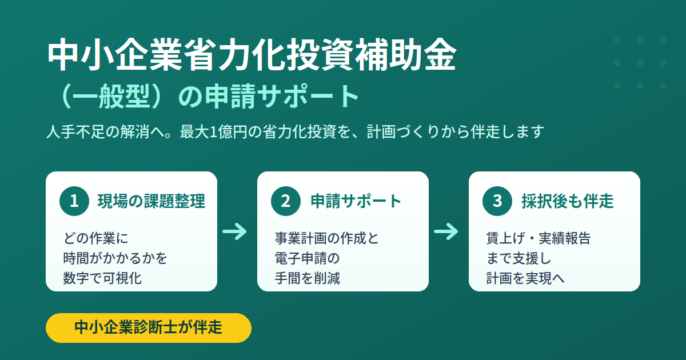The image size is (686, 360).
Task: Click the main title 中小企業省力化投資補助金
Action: click(x=252, y=54)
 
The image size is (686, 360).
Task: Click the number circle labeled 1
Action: click(x=74, y=201)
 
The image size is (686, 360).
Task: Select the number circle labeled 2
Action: click(x=286, y=201)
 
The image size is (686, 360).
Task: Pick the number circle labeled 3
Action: click(x=497, y=201)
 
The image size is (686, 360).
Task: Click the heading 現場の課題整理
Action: click(x=151, y=201)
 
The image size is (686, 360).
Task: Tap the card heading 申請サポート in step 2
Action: click(x=356, y=201)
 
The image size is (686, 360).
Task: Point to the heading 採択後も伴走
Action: click(x=568, y=201)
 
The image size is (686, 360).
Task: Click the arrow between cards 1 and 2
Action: click(x=234, y=231)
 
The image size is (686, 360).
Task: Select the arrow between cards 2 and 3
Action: click(x=446, y=231)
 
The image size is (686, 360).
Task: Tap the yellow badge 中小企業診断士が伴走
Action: click(x=149, y=327)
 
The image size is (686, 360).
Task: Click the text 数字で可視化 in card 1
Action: click(x=102, y=278)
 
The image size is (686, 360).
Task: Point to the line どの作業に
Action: click(x=95, y=238)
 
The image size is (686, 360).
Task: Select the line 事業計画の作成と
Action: click(x=326, y=238)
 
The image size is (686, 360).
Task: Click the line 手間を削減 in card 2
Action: click(x=307, y=278)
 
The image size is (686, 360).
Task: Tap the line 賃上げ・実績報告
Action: click(x=539, y=238)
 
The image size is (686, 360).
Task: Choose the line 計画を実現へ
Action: click(x=525, y=278)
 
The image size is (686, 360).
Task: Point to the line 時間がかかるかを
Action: click(x=115, y=258)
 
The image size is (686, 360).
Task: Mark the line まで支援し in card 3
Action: click(x=519, y=258)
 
